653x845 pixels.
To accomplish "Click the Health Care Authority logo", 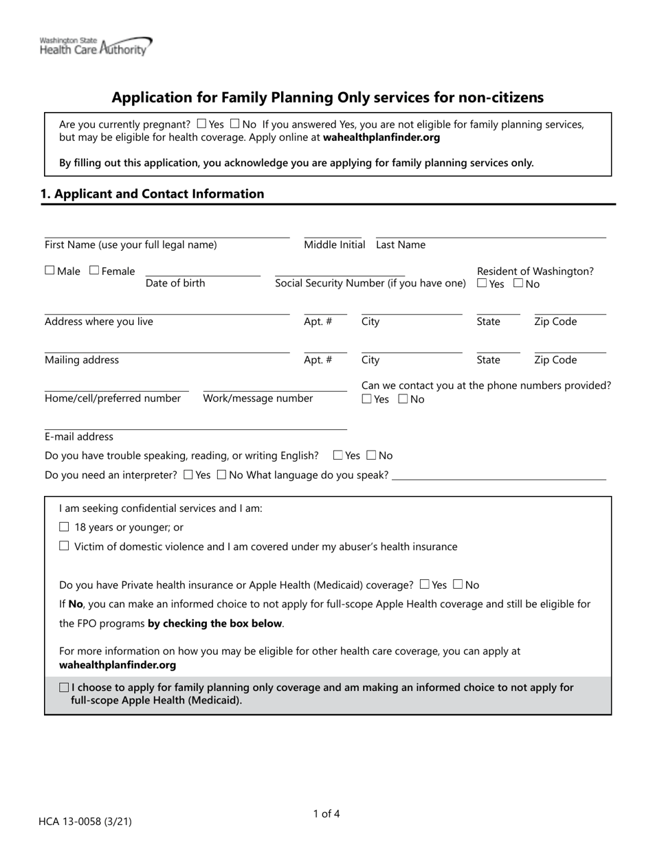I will pos(96,46).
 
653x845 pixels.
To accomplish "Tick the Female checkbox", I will pos(94,271).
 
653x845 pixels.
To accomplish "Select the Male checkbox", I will pos(50,271).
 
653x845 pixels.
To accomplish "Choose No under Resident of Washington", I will pos(518,283).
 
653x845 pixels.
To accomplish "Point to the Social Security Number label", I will pos(370,283).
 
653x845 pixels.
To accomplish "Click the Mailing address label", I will pos(82,360).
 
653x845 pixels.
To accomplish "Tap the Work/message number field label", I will pos(258,398).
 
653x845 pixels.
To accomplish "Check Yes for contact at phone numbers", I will pos(367,399).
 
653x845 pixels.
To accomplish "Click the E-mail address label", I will pos(79,437).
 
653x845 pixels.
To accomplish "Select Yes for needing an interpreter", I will pos(189,475).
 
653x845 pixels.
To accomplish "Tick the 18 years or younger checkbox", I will pos(65,528).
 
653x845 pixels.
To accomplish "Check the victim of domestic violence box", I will pos(65,547).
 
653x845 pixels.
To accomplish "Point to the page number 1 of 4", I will pos(326,814).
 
